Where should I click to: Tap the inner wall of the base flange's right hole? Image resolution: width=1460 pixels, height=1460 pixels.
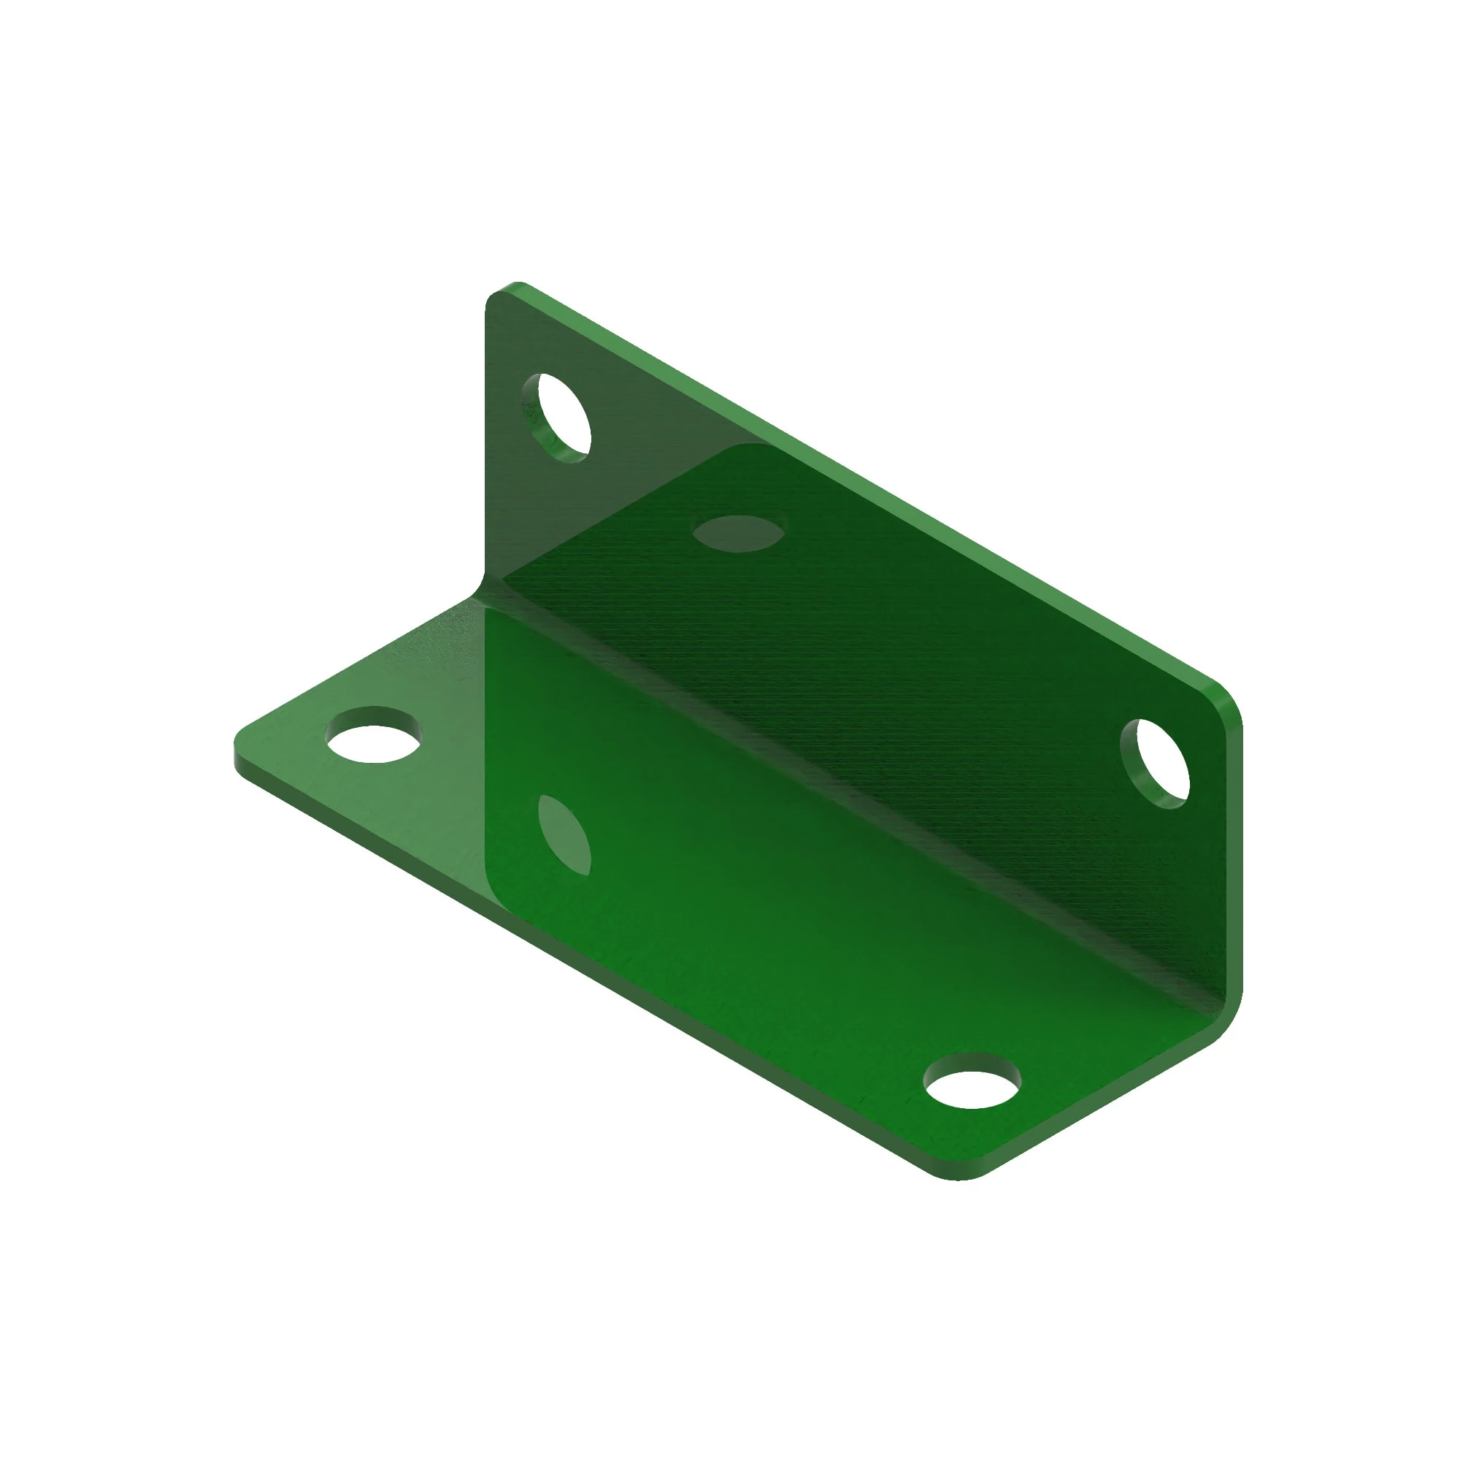pos(972,1064)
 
